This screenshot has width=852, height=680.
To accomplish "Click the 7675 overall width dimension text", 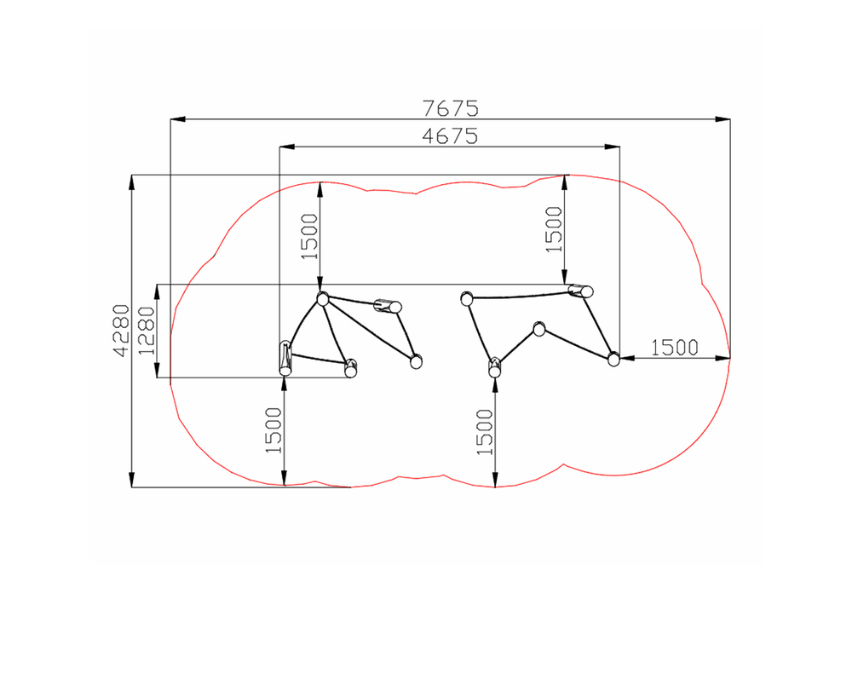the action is click(451, 109).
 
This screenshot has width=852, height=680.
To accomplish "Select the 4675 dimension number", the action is click(450, 135).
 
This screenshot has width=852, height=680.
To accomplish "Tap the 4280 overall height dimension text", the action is click(122, 331).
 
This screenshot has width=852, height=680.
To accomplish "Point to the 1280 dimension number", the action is click(147, 331).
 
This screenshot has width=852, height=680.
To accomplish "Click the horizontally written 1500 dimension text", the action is click(674, 348).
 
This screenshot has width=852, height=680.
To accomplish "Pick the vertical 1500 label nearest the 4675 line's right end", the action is click(554, 229).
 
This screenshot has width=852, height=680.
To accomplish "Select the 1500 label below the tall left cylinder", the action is click(273, 430).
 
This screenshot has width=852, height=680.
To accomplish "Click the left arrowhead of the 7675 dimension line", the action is click(178, 119).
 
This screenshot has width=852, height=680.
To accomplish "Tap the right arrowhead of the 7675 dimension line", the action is click(722, 119).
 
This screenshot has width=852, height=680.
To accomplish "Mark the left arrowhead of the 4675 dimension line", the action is click(287, 147).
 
